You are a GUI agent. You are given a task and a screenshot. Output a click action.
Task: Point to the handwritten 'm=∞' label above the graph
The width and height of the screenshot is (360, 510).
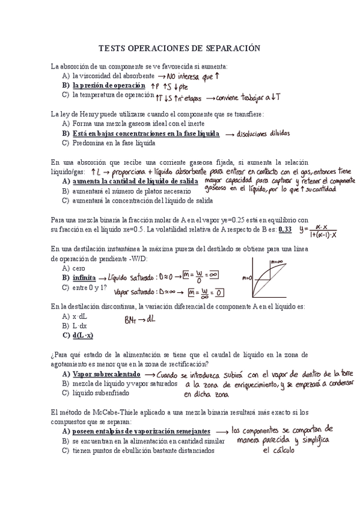point(276,262)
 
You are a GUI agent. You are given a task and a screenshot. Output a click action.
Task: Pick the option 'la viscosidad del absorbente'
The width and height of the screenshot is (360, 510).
point(112,76)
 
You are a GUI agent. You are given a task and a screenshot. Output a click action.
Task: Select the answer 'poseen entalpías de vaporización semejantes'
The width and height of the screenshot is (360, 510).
point(141,431)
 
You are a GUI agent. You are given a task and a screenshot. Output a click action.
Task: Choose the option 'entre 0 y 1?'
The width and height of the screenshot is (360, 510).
point(89,287)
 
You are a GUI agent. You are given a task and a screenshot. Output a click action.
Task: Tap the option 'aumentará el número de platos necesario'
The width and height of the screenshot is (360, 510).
point(127,191)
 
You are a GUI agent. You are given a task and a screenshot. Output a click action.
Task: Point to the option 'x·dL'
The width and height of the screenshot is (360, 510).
point(78,316)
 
